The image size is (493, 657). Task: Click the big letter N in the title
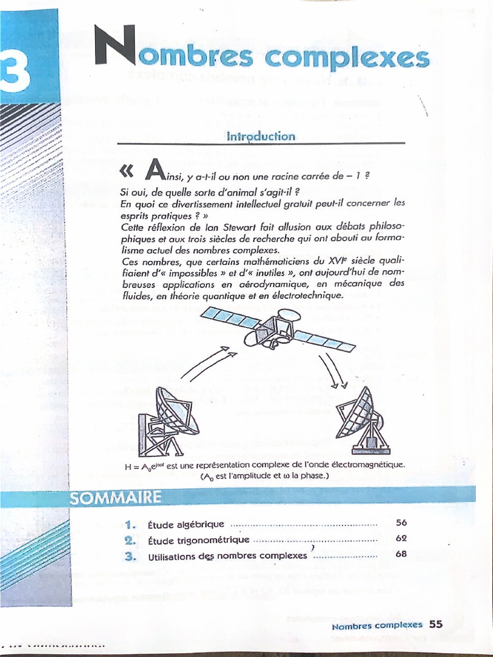click(113, 47)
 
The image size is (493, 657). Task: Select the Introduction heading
click(261, 136)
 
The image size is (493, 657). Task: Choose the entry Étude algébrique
click(186, 524)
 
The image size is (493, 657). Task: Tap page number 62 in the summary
click(401, 538)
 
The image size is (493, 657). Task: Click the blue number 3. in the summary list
click(131, 556)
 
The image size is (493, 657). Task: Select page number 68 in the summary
click(401, 554)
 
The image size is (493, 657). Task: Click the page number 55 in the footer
click(436, 624)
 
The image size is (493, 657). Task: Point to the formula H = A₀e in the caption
click(146, 466)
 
